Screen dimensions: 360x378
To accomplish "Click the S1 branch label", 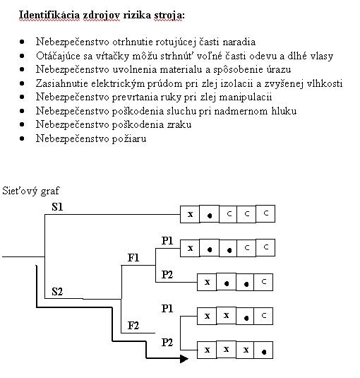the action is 57,207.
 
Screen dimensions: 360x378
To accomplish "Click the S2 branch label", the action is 57,292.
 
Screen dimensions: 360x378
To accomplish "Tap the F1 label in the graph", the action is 133,258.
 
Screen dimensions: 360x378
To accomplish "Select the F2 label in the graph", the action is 133,326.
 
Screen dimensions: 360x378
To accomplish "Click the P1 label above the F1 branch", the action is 167,241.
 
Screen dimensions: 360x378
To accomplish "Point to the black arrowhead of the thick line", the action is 184,359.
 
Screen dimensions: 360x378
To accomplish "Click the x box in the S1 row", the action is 190,214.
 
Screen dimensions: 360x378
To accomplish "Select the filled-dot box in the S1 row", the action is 210,214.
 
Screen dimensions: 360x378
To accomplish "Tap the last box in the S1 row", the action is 265,213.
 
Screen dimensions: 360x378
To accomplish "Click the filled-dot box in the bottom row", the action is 263,350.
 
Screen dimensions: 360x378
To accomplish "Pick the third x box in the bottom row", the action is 245,350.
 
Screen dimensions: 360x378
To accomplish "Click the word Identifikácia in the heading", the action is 49,15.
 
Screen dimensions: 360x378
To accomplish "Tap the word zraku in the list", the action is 179,124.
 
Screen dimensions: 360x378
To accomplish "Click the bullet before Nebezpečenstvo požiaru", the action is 22,138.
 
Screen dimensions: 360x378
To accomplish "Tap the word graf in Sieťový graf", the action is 50,191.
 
